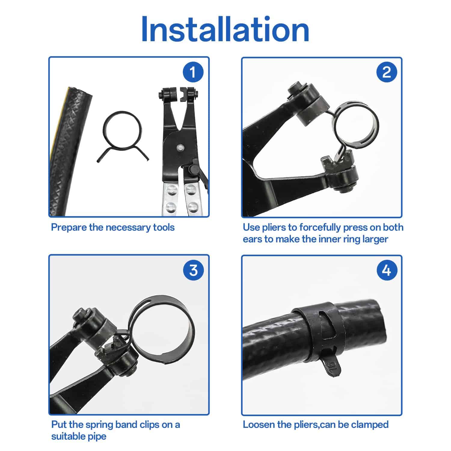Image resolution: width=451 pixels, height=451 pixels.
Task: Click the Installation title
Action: click(x=225, y=29)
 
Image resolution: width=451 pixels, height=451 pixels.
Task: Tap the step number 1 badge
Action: click(x=193, y=72)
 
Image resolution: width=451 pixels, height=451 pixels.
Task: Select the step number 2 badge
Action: click(x=386, y=72)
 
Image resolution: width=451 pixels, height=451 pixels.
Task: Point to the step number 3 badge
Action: click(x=193, y=270)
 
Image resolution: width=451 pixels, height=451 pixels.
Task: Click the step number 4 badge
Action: click(x=386, y=270)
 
